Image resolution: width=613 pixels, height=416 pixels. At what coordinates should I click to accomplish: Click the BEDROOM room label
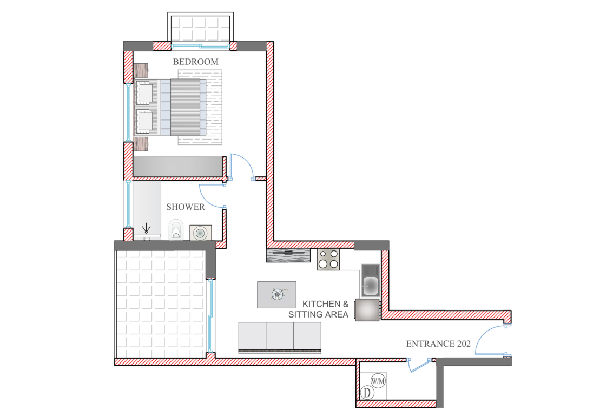click(195, 62)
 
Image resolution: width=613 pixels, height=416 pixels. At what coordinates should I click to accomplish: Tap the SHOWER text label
click(185, 207)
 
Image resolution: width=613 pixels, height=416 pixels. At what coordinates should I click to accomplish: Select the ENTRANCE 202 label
click(438, 344)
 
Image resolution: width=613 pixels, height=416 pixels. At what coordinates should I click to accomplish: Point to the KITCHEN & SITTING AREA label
click(325, 309)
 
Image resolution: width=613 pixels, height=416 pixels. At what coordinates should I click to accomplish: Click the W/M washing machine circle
click(378, 382)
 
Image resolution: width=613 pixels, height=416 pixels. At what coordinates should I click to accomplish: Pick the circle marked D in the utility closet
click(366, 392)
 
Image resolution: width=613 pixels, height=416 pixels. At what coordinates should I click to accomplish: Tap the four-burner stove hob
click(328, 260)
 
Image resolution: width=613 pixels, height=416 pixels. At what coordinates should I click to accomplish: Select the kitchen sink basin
click(370, 285)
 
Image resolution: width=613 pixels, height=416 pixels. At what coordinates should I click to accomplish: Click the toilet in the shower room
click(176, 229)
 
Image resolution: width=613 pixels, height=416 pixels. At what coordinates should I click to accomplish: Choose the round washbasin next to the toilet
click(200, 233)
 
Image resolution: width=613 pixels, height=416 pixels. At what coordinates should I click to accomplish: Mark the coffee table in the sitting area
click(276, 294)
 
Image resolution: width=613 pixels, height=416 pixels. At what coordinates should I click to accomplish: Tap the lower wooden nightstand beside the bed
click(141, 144)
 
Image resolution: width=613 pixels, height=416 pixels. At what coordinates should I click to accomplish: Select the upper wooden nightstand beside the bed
click(141, 71)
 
